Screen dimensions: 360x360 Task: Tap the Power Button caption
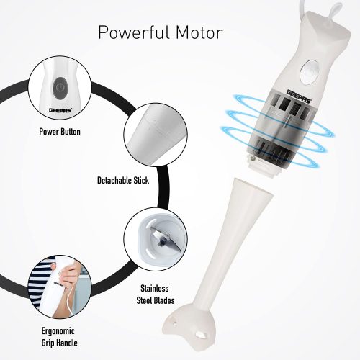60,132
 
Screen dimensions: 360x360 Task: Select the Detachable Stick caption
123,180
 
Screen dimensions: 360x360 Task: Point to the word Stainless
155,288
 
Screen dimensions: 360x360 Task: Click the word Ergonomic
58,331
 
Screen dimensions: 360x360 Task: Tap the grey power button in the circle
60,88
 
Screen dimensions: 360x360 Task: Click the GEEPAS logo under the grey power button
60,110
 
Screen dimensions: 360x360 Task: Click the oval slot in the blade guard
201,335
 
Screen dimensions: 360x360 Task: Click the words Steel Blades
156,300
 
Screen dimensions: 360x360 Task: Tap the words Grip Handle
59,343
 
